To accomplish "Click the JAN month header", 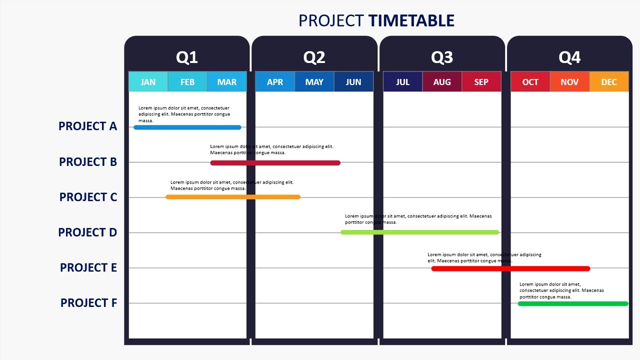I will click(148, 82).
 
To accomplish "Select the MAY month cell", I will click(314, 82).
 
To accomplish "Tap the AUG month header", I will click(442, 82).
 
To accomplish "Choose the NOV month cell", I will click(569, 82).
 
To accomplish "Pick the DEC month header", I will click(609, 82).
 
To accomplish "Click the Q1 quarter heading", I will click(187, 57).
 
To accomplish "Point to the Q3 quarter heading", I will click(442, 57).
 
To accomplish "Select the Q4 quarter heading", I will click(569, 57).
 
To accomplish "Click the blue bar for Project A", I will click(187, 127).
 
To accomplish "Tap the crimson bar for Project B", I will click(275, 163).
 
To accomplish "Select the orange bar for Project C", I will click(233, 197).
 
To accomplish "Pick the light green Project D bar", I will click(420, 232).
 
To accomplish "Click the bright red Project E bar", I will click(510, 268).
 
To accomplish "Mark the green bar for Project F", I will click(573, 303).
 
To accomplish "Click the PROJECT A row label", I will click(87, 126).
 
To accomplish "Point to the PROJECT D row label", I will click(87, 232).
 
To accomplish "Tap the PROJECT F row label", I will click(88, 303).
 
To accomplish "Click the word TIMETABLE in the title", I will click(411, 20).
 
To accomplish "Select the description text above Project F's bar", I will click(561, 290).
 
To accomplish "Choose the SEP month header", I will click(481, 82).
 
